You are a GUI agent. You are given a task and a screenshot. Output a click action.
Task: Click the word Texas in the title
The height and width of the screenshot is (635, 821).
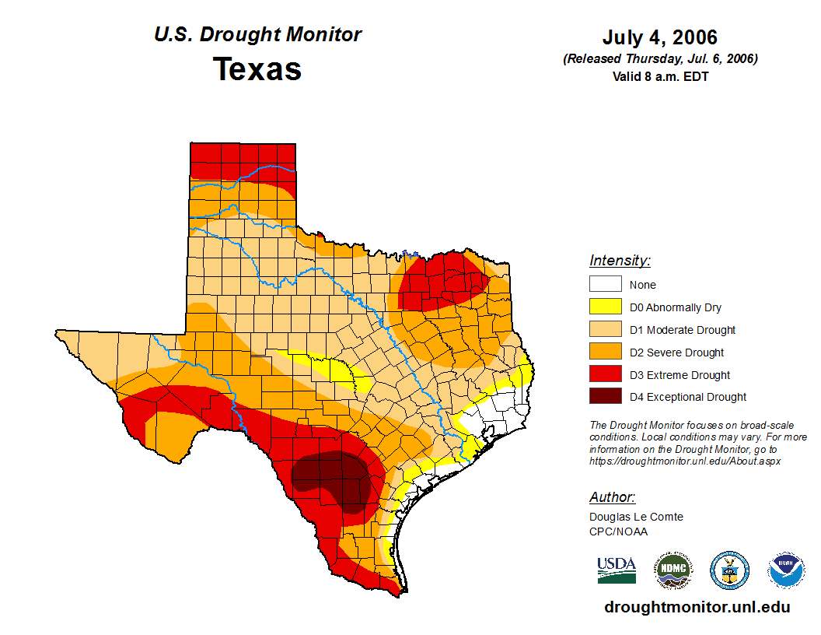pos(257,69)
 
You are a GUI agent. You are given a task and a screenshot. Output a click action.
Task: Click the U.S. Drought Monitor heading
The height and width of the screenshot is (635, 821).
pos(257,35)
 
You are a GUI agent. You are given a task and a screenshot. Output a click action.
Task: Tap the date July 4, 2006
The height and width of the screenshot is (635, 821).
pos(659,37)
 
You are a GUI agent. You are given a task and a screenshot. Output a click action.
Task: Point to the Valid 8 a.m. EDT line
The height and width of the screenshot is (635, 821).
pos(659,75)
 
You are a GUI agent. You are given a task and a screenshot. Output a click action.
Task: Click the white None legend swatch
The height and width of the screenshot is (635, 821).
pos(605,285)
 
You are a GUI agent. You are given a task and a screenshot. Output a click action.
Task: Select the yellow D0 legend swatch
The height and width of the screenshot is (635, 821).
pos(605,307)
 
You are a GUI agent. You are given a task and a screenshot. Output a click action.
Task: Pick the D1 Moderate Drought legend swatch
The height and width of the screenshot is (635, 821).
pos(605,330)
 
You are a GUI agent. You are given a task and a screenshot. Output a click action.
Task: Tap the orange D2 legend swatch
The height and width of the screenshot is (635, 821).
pos(605,353)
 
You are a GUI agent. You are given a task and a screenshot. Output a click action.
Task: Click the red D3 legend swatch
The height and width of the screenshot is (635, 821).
pos(605,375)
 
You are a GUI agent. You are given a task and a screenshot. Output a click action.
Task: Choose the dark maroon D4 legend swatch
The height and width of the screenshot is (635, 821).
pos(605,397)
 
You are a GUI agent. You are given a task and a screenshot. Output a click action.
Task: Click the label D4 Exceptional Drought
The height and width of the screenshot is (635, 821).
pos(688,397)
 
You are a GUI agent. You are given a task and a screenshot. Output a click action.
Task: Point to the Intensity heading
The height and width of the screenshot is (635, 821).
pos(620,261)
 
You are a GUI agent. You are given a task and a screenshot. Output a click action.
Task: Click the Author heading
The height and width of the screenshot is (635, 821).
pos(613,497)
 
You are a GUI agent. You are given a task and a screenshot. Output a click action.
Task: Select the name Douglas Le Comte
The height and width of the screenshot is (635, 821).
pos(636,517)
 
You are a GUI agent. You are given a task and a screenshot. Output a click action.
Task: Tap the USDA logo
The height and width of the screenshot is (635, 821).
pos(617,570)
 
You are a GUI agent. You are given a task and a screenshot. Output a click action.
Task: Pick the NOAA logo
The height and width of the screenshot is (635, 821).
pos(786,570)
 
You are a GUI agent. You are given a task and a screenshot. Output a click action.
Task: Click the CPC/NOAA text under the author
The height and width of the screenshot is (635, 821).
pos(618,532)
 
